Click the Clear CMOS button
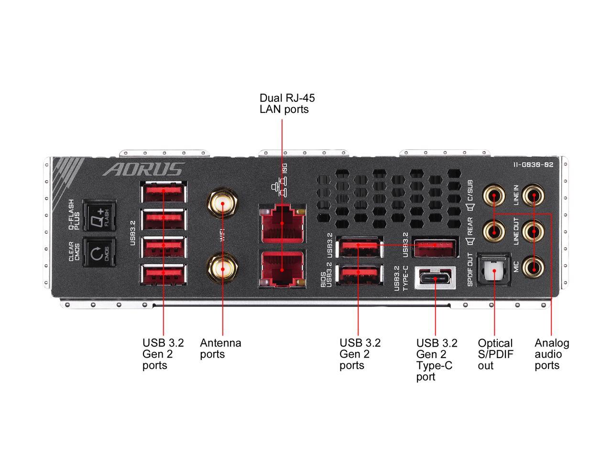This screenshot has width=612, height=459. pyautogui.click(x=99, y=252)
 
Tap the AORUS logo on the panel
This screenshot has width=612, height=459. pyautogui.click(x=143, y=169)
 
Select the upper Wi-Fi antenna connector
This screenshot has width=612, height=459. pyautogui.click(x=222, y=203)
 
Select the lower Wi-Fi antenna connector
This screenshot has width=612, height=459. pyautogui.click(x=222, y=268)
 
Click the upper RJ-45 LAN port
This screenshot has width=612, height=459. pyautogui.click(x=282, y=223)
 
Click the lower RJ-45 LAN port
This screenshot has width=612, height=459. pyautogui.click(x=282, y=269)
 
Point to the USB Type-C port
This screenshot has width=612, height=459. pyautogui.click(x=435, y=278)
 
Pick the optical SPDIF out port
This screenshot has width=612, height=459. pyautogui.click(x=493, y=270)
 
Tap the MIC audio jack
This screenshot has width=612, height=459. pyautogui.click(x=533, y=267)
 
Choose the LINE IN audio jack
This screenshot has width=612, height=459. pyautogui.click(x=533, y=195)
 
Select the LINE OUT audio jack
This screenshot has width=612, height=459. pyautogui.click(x=533, y=231)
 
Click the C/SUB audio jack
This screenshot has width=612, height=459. pyautogui.click(x=494, y=195)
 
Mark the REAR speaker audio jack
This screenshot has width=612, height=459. pyautogui.click(x=494, y=231)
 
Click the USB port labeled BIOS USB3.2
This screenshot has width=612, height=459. pyautogui.click(x=359, y=274)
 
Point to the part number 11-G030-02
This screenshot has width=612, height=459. pyautogui.click(x=533, y=164)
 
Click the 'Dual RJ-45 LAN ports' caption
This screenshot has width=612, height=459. pyautogui.click(x=287, y=103)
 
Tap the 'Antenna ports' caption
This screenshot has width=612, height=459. pyautogui.click(x=220, y=349)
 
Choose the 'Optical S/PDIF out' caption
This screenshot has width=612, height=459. pyautogui.click(x=495, y=354)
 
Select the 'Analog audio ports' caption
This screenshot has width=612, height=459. pyautogui.click(x=552, y=354)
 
